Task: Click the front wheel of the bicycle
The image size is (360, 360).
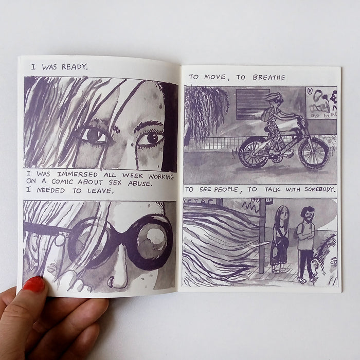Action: point(314,153)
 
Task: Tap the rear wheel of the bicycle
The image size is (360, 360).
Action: point(253,152)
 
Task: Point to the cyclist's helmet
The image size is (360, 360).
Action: point(274,97)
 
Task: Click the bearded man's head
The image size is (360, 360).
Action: point(308,213)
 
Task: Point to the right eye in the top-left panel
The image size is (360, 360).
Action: point(153,138)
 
